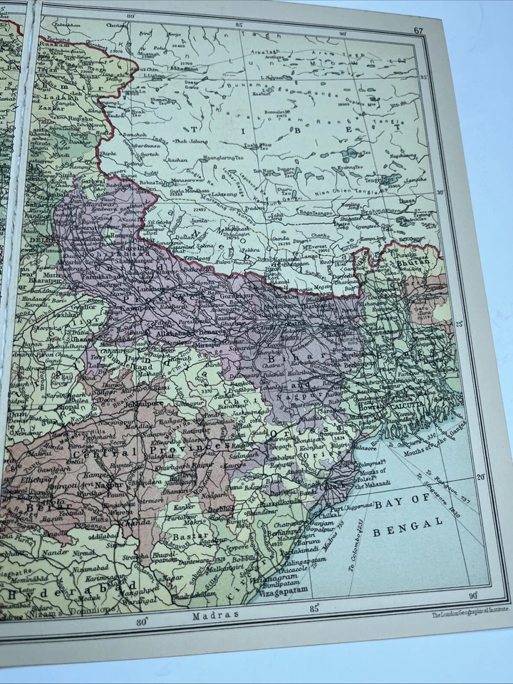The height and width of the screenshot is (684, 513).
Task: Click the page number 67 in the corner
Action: (419, 29)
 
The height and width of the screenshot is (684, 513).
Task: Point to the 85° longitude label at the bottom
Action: (314, 608)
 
